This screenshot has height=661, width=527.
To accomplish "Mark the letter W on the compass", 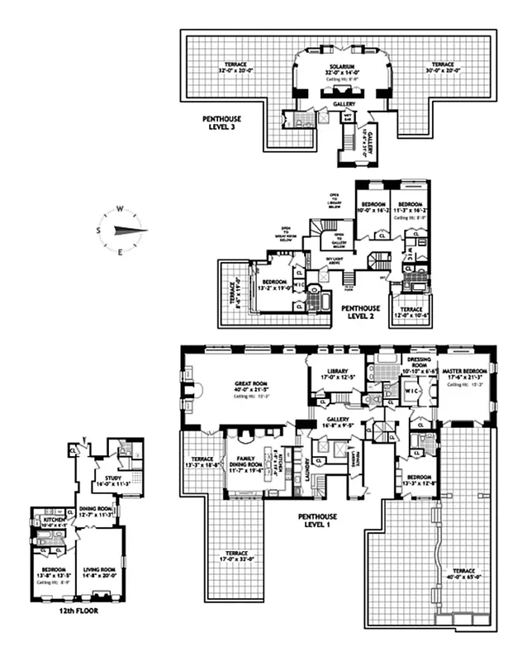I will click(x=120, y=209).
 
